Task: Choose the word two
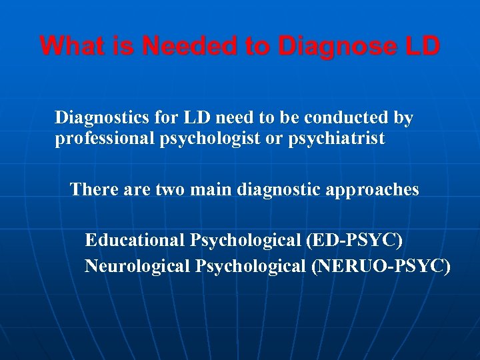pyautogui.click(x=170, y=190)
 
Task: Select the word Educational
pyautogui.click(x=135, y=240)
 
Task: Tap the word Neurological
pyautogui.click(x=138, y=267)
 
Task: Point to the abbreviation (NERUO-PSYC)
pyautogui.click(x=381, y=267)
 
